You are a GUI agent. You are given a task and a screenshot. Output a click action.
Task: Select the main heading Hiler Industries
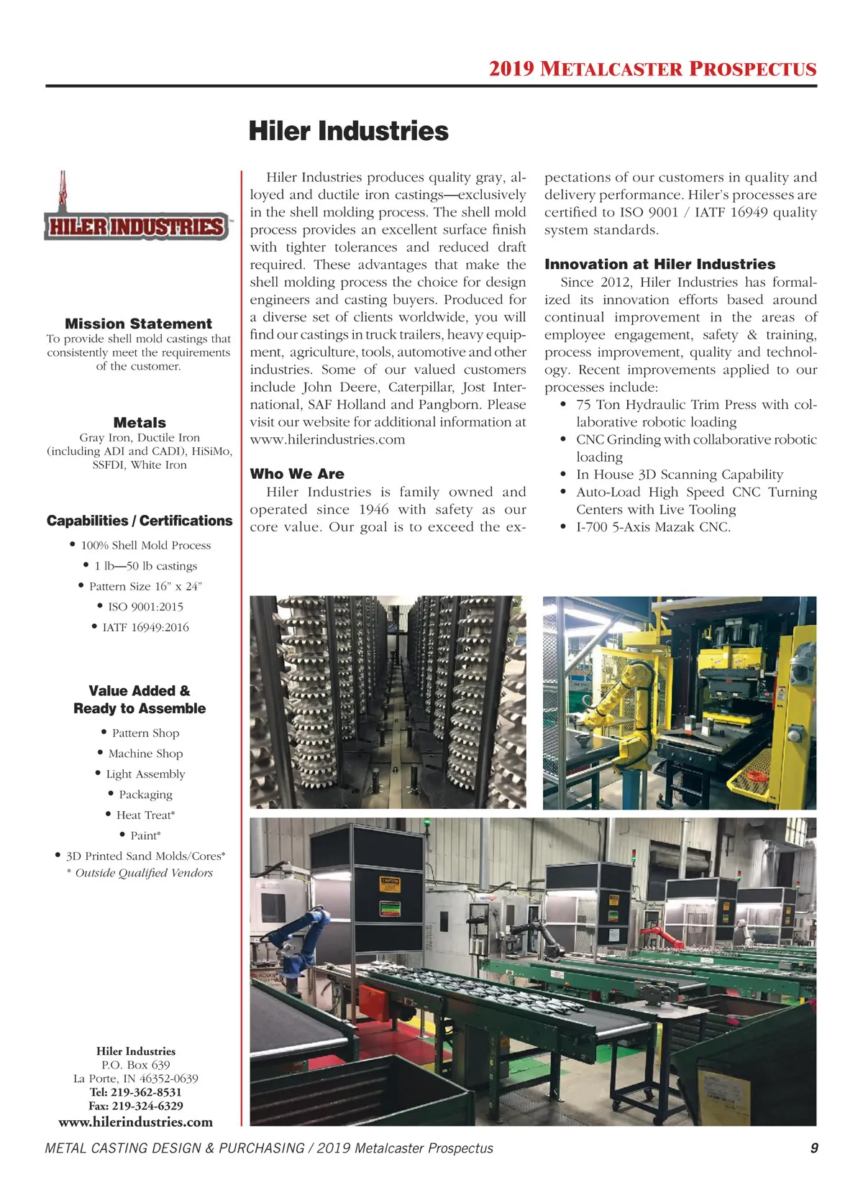348,132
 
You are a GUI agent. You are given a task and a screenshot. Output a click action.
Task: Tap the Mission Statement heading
138,324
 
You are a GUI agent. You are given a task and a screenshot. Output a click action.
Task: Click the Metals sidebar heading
140,423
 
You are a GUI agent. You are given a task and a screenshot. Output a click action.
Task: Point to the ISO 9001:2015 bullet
145,607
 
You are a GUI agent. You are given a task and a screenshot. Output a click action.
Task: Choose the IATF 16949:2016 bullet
145,628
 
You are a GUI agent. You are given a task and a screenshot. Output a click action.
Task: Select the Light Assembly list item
145,774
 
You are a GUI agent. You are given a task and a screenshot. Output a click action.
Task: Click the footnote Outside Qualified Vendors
144,873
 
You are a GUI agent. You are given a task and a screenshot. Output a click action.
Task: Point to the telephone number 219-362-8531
146,1092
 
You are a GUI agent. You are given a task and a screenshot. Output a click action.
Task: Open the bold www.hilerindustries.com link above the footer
136,1122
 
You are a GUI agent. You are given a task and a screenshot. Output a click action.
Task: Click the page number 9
814,1148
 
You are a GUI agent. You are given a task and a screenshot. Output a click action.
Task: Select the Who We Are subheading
297,474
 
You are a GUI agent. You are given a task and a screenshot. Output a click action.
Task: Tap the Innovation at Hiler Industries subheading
659,264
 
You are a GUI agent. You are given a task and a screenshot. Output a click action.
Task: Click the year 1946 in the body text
373,510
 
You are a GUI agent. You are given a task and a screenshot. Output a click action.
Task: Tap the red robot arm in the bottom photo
662,935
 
